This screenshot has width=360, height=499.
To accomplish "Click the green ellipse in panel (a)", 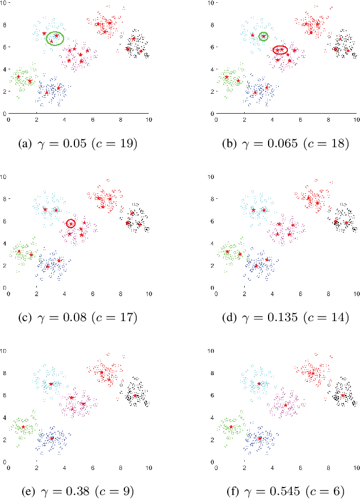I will pos(55,38).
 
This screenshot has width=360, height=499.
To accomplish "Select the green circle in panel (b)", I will pos(263,36).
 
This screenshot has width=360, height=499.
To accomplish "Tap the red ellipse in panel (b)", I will pos(281,50).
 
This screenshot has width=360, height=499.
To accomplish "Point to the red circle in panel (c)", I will pos(70,223).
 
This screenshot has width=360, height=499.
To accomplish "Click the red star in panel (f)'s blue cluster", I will pos(259,438).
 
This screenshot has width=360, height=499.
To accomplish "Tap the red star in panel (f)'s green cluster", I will pos(231,426).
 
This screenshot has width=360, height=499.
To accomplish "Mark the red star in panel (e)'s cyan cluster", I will pos(51,384).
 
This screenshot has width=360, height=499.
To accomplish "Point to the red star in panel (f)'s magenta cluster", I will pos(286,405).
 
